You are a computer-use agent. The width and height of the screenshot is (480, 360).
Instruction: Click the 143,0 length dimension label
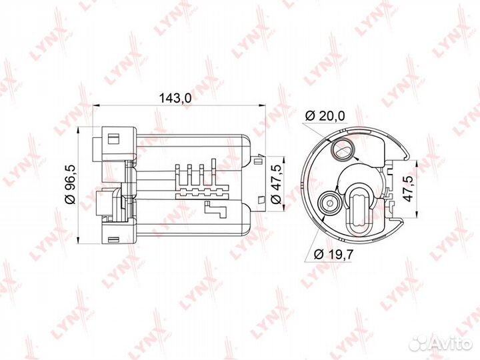point(175,98)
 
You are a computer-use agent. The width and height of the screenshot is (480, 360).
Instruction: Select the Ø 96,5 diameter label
point(70,184)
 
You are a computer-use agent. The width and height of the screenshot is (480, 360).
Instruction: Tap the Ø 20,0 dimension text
point(325,116)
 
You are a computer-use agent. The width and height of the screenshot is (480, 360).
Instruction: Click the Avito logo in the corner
point(441,343)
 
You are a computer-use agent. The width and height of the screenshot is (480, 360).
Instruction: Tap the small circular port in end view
point(330,203)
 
